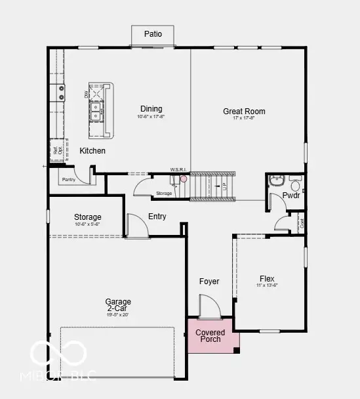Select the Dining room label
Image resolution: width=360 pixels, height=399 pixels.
pos(151,109)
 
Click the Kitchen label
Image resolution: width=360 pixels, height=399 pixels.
pos(92,151)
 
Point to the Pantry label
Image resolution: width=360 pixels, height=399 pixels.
pos(69,179)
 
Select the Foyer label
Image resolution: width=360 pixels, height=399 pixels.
pos(209,282)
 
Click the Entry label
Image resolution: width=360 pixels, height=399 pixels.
pos(157,217)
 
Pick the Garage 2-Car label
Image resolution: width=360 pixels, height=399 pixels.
pos(118,306)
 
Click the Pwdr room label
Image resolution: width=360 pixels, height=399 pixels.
pos(291,196)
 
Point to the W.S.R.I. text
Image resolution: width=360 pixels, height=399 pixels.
pos(179,170)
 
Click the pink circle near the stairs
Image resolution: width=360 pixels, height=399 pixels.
pos(184,178)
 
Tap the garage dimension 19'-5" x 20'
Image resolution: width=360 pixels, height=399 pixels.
pos(118,314)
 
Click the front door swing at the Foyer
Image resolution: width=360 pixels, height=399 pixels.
pos(207,306)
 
